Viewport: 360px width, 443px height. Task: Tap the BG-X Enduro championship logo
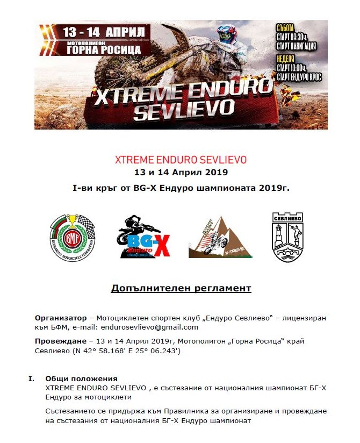[x=143, y=237]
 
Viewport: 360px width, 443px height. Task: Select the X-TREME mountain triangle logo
[x=220, y=237]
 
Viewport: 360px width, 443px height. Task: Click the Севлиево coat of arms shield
[x=288, y=237]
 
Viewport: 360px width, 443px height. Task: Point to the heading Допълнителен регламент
[x=181, y=288]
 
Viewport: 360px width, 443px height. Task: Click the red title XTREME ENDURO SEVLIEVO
[x=181, y=160]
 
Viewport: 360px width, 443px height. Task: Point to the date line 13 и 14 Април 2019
[x=181, y=173]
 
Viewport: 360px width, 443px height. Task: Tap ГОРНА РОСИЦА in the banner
[x=104, y=49]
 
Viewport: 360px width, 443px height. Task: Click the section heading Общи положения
[x=81, y=378]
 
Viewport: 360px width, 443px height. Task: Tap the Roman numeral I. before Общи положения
[x=32, y=378]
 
